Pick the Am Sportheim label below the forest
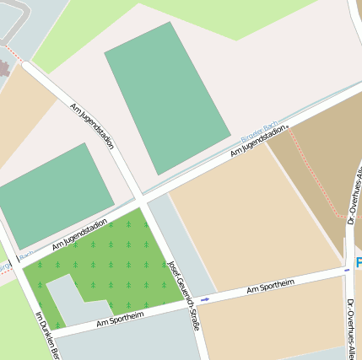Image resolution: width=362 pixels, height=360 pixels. [120, 318]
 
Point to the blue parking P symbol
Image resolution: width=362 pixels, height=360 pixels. [358, 263]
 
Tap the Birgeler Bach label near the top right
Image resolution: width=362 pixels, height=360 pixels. [259, 132]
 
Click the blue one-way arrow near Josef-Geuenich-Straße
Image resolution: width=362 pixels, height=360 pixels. [205, 298]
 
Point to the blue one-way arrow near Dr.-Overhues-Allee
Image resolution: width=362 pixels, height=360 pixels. [347, 270]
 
